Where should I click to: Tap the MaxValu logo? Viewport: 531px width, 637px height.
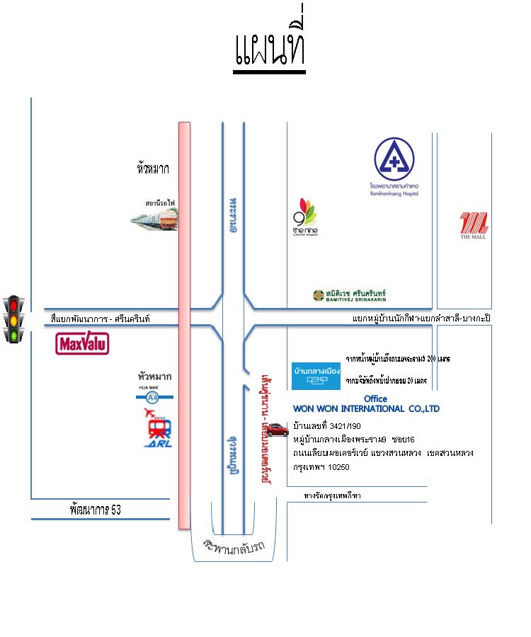point(82,344)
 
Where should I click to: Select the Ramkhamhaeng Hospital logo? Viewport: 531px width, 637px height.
point(394,167)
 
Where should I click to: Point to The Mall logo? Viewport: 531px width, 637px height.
point(474,226)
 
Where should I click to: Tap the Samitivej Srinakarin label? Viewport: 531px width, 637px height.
point(350,296)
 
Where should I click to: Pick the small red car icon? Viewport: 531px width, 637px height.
point(278,427)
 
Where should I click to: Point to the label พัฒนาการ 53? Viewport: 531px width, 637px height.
point(96,509)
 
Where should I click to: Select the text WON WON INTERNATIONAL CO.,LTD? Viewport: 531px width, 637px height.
point(366,409)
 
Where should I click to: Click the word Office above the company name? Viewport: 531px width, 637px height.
point(375,398)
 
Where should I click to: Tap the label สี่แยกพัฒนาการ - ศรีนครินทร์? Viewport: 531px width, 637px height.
point(101,318)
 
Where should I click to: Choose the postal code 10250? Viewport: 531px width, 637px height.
point(336,467)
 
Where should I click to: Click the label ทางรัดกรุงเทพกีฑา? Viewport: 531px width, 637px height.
point(332,495)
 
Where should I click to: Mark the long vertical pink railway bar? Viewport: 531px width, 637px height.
point(184,326)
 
